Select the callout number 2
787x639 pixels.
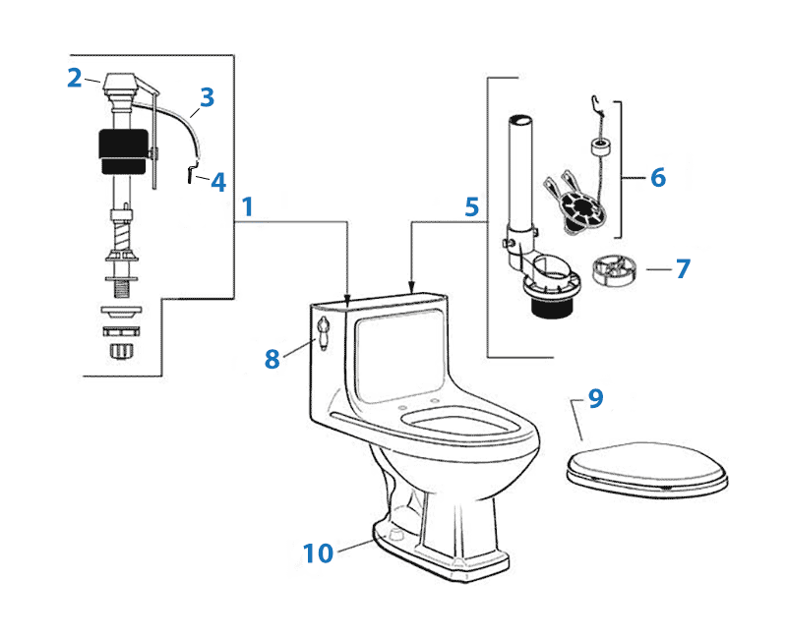(75, 79)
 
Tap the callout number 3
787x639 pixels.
(207, 97)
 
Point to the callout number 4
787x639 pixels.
(217, 182)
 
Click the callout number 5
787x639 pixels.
(472, 207)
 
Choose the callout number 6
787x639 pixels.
(657, 177)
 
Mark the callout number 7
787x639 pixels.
(683, 268)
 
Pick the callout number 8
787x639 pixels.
(272, 359)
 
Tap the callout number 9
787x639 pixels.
(595, 398)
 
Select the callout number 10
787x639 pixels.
(319, 553)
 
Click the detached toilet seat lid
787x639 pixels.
(647, 466)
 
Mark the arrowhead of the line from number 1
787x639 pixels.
(349, 292)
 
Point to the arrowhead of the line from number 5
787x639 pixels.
(410, 287)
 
